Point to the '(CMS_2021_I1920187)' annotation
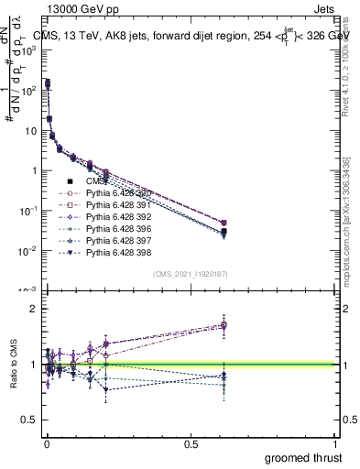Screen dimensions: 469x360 click(x=190, y=274)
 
